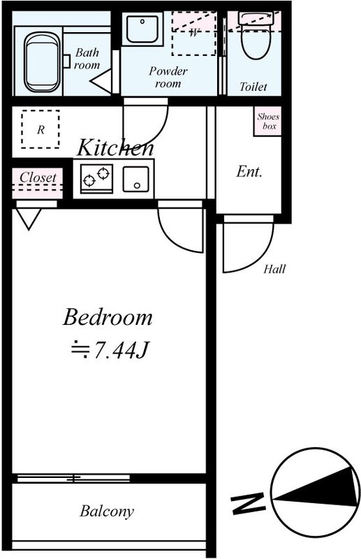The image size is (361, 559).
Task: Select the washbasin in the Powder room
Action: click(x=144, y=29)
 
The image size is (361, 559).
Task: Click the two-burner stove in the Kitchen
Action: click(x=96, y=178)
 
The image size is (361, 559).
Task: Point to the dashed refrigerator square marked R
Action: click(x=40, y=129)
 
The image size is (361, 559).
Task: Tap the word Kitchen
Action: click(x=115, y=147)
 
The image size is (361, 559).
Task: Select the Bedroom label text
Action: click(x=107, y=318)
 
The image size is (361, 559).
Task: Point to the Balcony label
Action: click(x=106, y=511)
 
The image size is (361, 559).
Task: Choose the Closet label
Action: click(x=38, y=177)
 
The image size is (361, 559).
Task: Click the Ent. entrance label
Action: click(x=249, y=171)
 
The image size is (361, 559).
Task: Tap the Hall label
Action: click(x=274, y=270)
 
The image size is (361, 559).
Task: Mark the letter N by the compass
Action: click(x=249, y=502)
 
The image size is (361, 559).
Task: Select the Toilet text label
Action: click(x=253, y=87)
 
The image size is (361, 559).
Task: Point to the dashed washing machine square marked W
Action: click(x=193, y=34)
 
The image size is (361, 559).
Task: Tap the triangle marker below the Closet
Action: click(x=29, y=219)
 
